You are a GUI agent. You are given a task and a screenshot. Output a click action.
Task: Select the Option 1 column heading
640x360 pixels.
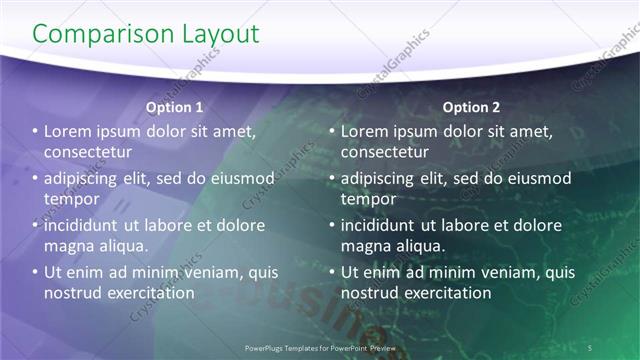point(174,107)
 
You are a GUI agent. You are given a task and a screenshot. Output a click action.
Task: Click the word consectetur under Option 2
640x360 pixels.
point(385,152)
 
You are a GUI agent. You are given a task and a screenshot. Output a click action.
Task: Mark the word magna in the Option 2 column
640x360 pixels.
point(365,245)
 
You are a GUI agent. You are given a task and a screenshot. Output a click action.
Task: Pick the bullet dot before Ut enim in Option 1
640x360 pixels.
point(34,272)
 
